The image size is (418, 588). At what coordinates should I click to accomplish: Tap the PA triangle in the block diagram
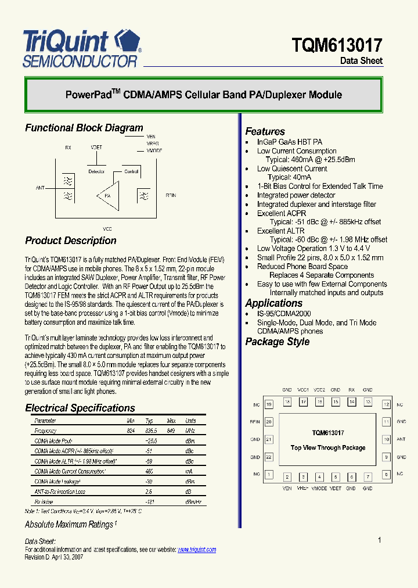(108, 195)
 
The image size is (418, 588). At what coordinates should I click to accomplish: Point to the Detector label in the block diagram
(96, 171)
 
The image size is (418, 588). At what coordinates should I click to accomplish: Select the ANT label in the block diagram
(40, 188)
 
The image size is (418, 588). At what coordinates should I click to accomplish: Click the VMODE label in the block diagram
(154, 150)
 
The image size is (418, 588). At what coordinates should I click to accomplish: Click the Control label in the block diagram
(131, 171)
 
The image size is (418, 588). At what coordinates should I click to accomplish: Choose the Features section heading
(265, 131)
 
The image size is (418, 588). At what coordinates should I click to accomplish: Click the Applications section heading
(273, 303)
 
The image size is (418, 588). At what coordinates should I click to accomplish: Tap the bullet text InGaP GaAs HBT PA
(289, 142)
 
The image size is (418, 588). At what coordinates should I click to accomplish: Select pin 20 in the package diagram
(269, 422)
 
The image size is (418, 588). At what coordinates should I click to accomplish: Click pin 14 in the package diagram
(351, 401)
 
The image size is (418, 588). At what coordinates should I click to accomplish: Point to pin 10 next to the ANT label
(386, 440)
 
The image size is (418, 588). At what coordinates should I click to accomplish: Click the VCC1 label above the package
(302, 390)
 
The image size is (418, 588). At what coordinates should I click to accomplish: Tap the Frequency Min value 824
(131, 431)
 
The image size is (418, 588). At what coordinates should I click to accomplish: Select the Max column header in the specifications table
(171, 421)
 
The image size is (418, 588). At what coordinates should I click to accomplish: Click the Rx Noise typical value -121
(149, 501)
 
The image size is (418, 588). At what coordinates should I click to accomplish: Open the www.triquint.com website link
(196, 550)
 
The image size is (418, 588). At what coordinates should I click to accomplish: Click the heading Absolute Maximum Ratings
(70, 525)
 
